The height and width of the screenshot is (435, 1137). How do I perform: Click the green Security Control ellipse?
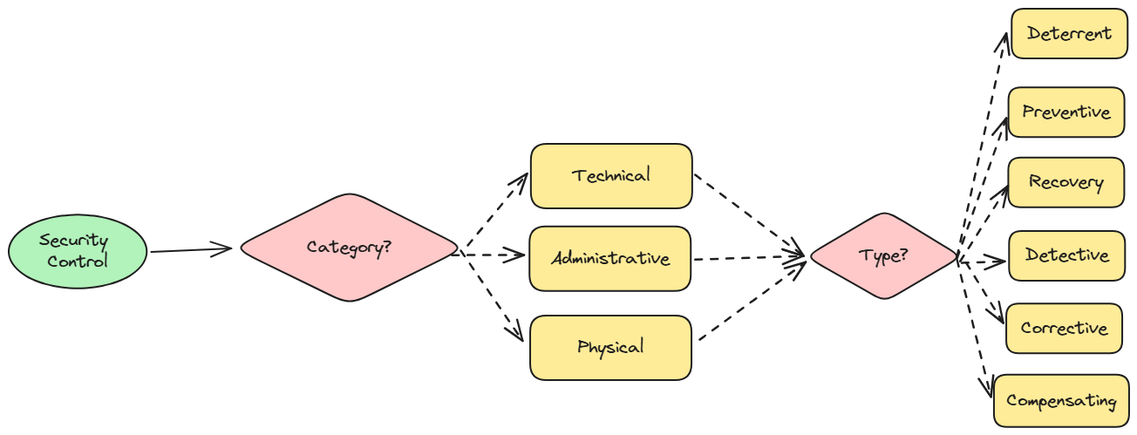pyautogui.click(x=77, y=251)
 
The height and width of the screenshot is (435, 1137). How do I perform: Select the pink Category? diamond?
pyautogui.click(x=349, y=248)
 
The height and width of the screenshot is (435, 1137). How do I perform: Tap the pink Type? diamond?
pyautogui.click(x=883, y=256)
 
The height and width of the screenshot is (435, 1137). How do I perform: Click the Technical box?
pyautogui.click(x=610, y=176)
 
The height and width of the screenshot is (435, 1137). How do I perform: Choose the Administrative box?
pyautogui.click(x=609, y=259)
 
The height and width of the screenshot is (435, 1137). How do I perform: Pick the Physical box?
pyautogui.click(x=609, y=348)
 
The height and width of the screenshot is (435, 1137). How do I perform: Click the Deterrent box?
pyautogui.click(x=1069, y=34)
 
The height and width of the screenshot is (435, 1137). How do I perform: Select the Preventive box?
pyautogui.click(x=1066, y=112)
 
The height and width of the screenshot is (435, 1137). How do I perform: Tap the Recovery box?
pyautogui.click(x=1066, y=183)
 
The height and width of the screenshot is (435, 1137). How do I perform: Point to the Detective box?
pyautogui.click(x=1066, y=255)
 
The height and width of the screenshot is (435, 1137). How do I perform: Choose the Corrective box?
pyautogui.click(x=1064, y=329)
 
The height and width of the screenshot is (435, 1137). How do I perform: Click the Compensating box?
pyautogui.click(x=1060, y=401)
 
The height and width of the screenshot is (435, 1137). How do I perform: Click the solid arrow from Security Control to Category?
pyautogui.click(x=190, y=250)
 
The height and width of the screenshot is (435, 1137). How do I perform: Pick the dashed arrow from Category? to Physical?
pyautogui.click(x=493, y=297)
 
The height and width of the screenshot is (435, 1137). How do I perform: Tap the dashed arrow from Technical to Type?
pyautogui.click(x=748, y=215)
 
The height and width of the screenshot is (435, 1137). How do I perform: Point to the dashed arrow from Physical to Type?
pyautogui.click(x=750, y=301)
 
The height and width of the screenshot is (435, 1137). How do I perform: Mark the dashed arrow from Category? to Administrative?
pyautogui.click(x=492, y=256)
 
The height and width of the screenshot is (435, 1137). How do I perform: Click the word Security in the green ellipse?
pyautogui.click(x=73, y=241)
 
